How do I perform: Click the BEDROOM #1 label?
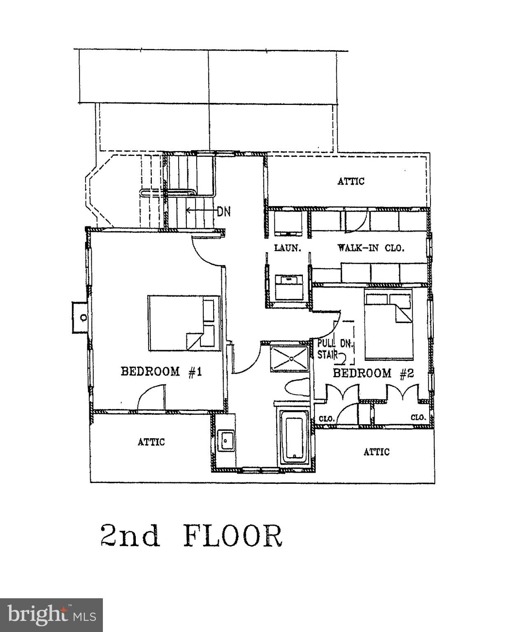(161, 372)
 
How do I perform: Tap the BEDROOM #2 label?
(373, 373)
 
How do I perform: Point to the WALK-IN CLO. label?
(371, 248)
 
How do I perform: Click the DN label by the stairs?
(224, 211)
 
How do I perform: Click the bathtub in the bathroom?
(294, 437)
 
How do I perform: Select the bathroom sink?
(226, 440)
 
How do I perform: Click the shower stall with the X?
(290, 359)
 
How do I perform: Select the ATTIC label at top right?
(351, 181)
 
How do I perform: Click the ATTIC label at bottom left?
(151, 442)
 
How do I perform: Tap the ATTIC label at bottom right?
(376, 452)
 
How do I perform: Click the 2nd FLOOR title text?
(192, 536)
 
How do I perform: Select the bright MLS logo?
(51, 615)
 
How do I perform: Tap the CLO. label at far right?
(418, 417)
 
